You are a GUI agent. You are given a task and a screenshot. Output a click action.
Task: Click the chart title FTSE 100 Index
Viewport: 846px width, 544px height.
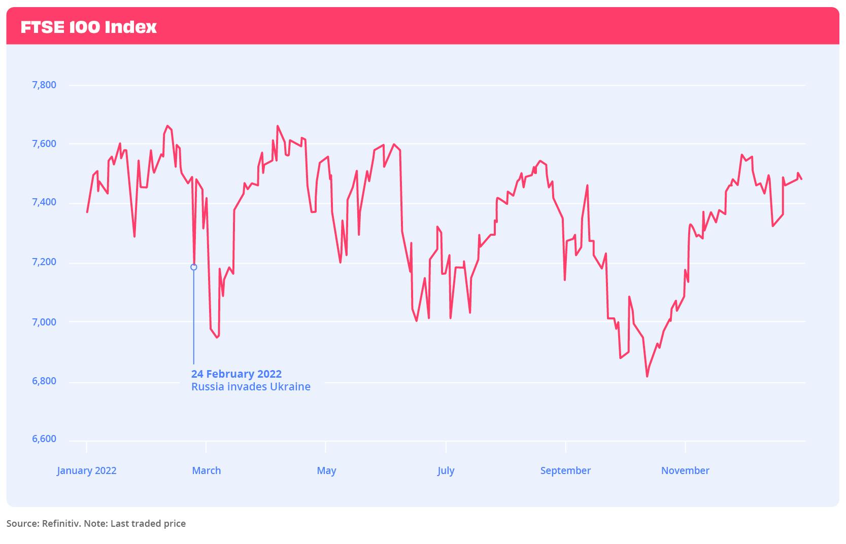coord(89,27)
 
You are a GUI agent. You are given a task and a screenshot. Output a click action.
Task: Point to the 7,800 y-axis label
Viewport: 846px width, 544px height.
coord(44,85)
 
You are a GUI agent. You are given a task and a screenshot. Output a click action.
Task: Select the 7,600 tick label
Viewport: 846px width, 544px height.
coord(44,144)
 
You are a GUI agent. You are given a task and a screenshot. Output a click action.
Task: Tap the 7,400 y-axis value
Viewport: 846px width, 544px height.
coord(44,203)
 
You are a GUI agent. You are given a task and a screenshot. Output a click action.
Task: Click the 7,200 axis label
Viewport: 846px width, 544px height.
coord(44,263)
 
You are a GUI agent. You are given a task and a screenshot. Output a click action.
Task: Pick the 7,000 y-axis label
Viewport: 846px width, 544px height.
coord(44,322)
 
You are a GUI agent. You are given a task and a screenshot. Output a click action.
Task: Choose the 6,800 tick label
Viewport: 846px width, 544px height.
coord(44,381)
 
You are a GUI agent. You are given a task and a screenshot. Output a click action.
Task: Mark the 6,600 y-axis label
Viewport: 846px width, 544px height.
coord(44,439)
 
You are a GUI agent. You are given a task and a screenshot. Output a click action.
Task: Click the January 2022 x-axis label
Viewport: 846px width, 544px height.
coord(87,470)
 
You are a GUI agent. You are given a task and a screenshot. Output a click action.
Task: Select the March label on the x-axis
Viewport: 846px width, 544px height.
coord(206,470)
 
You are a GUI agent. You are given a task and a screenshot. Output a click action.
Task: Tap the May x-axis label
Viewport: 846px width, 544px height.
coord(326,470)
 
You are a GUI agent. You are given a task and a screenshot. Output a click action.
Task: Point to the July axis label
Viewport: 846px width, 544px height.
coord(446,470)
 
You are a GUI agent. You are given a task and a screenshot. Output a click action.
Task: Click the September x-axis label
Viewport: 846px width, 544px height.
coord(565,470)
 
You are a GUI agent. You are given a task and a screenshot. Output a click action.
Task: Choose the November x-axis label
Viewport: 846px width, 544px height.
coord(685,470)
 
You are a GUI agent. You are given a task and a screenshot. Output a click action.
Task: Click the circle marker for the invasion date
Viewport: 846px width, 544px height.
coord(193,267)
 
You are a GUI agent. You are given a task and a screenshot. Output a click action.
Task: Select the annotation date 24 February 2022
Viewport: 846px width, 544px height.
coord(236,374)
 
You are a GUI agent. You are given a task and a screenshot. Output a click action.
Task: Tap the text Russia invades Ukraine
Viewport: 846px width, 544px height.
coord(251,387)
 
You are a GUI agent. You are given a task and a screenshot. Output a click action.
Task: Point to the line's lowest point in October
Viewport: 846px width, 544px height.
coord(647,376)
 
